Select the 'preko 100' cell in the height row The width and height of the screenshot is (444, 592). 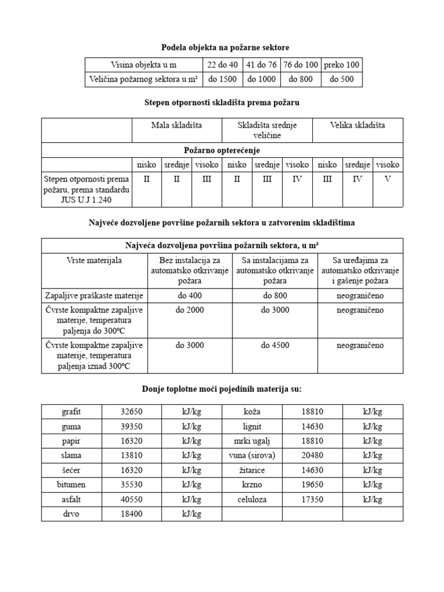point(341,65)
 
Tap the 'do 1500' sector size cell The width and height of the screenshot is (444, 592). point(223,79)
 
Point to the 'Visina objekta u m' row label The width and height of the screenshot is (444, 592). point(143,65)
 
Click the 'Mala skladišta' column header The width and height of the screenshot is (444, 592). point(177,125)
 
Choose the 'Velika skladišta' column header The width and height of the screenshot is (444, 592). point(357,125)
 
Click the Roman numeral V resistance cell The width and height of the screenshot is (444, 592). point(388,179)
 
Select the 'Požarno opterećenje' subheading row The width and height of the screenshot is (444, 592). point(222,150)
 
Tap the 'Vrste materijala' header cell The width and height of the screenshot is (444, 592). point(95,261)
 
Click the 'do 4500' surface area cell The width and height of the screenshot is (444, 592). point(275,345)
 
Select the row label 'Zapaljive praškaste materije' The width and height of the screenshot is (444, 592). point(95,295)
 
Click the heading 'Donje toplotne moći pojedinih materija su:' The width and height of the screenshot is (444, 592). point(222,388)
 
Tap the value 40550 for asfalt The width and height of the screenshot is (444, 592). point(131,499)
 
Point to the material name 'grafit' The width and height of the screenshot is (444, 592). point(72,412)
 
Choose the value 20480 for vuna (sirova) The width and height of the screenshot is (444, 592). point(312,456)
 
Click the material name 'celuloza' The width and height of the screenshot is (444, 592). point(252,499)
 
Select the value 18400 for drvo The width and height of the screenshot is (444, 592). point(131,514)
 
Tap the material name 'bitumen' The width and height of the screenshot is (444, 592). point(72,485)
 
